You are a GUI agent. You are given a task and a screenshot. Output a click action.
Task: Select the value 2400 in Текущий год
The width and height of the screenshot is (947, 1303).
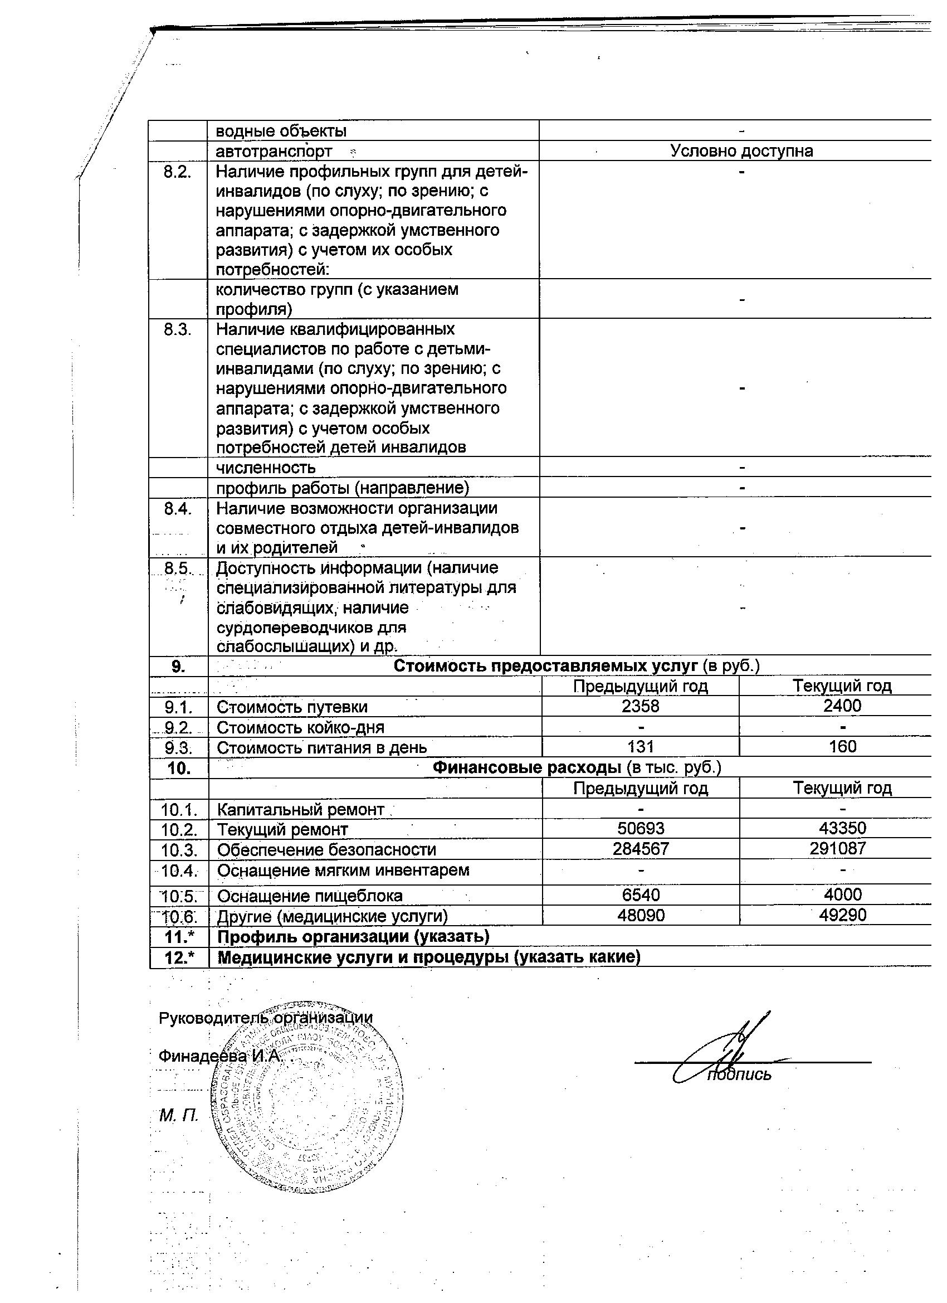tap(842, 706)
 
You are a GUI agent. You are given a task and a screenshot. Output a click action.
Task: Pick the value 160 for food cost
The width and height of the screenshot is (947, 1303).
tap(842, 746)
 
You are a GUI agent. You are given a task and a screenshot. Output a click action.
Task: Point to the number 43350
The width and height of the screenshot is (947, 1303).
tap(842, 829)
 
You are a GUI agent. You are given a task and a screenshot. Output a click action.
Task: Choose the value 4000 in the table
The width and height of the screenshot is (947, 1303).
tap(842, 894)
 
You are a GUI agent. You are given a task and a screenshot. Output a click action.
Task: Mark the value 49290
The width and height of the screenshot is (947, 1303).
tap(842, 915)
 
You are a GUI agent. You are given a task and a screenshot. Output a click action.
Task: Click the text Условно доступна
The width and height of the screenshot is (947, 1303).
tap(741, 151)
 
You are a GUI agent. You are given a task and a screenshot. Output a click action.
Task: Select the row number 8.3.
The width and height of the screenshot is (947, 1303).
tap(178, 330)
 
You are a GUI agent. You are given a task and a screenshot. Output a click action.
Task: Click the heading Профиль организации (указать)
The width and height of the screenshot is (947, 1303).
tap(353, 936)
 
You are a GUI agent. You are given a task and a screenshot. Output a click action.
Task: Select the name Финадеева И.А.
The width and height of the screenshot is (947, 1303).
tap(219, 1056)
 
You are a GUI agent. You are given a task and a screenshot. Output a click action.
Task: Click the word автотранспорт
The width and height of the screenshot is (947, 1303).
tap(274, 152)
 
